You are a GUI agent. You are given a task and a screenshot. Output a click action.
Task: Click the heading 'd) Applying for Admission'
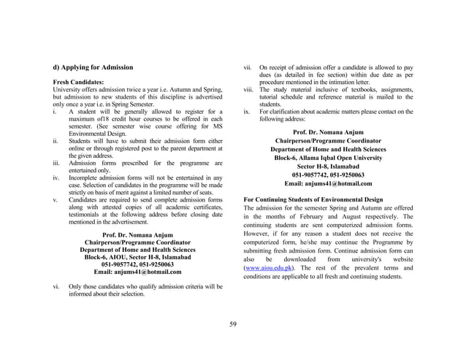coord(92,67)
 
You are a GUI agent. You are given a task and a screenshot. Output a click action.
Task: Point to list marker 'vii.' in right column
coord(248,67)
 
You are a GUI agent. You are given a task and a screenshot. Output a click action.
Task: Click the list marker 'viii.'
coord(248,89)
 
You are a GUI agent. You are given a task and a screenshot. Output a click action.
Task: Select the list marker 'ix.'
coord(247,112)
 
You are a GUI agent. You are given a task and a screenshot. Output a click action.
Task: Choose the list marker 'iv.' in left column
coord(57,177)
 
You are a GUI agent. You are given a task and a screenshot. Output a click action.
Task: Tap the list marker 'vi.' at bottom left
coord(57,288)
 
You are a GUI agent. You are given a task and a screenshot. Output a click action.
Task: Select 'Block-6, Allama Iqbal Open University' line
coord(328,158)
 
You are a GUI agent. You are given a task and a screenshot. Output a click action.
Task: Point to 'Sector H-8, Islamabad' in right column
coord(328,166)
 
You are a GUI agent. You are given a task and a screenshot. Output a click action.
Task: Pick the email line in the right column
coord(328,184)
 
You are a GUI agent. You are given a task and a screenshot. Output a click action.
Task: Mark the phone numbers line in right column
coord(328,175)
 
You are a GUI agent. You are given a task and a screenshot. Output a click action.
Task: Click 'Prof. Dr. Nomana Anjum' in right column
coord(328,131)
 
